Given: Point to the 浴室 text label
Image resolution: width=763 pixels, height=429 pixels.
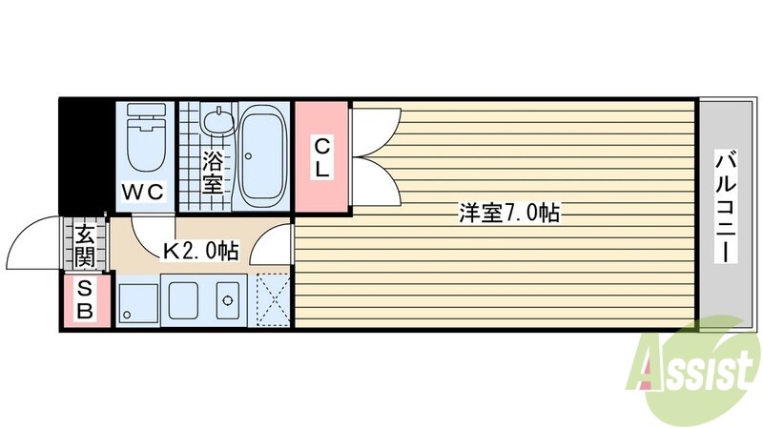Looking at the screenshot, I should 213,171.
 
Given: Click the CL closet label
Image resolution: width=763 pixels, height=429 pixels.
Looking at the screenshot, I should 322,159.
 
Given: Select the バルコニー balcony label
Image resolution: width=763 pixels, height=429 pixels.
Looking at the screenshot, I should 728,207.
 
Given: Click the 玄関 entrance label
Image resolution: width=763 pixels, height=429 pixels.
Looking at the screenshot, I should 85,245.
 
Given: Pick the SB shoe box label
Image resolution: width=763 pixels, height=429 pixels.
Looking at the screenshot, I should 85,298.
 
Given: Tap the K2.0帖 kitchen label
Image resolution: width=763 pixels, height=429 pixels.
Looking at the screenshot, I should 200,251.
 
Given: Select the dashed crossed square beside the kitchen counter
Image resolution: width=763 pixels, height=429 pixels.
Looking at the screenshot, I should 275,299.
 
